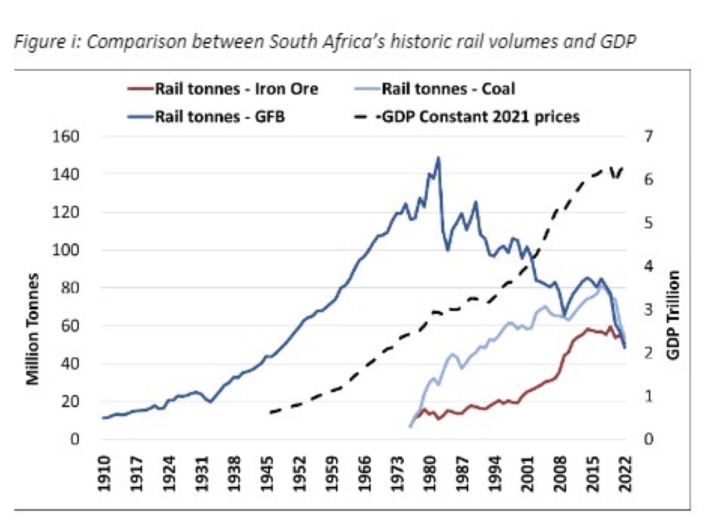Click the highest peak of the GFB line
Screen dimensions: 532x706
click(x=438, y=157)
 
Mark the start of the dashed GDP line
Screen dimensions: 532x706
click(x=270, y=413)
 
